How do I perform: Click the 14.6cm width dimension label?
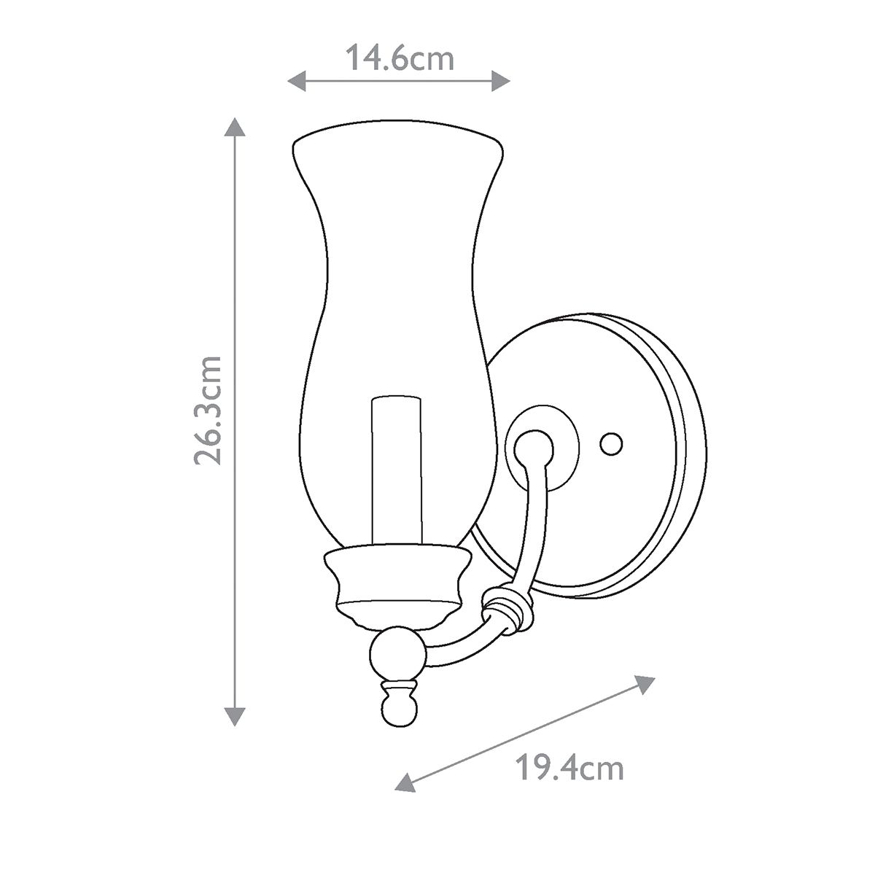click(399, 58)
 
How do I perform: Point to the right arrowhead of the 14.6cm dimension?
click(501, 81)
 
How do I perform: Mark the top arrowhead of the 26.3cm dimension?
click(233, 128)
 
